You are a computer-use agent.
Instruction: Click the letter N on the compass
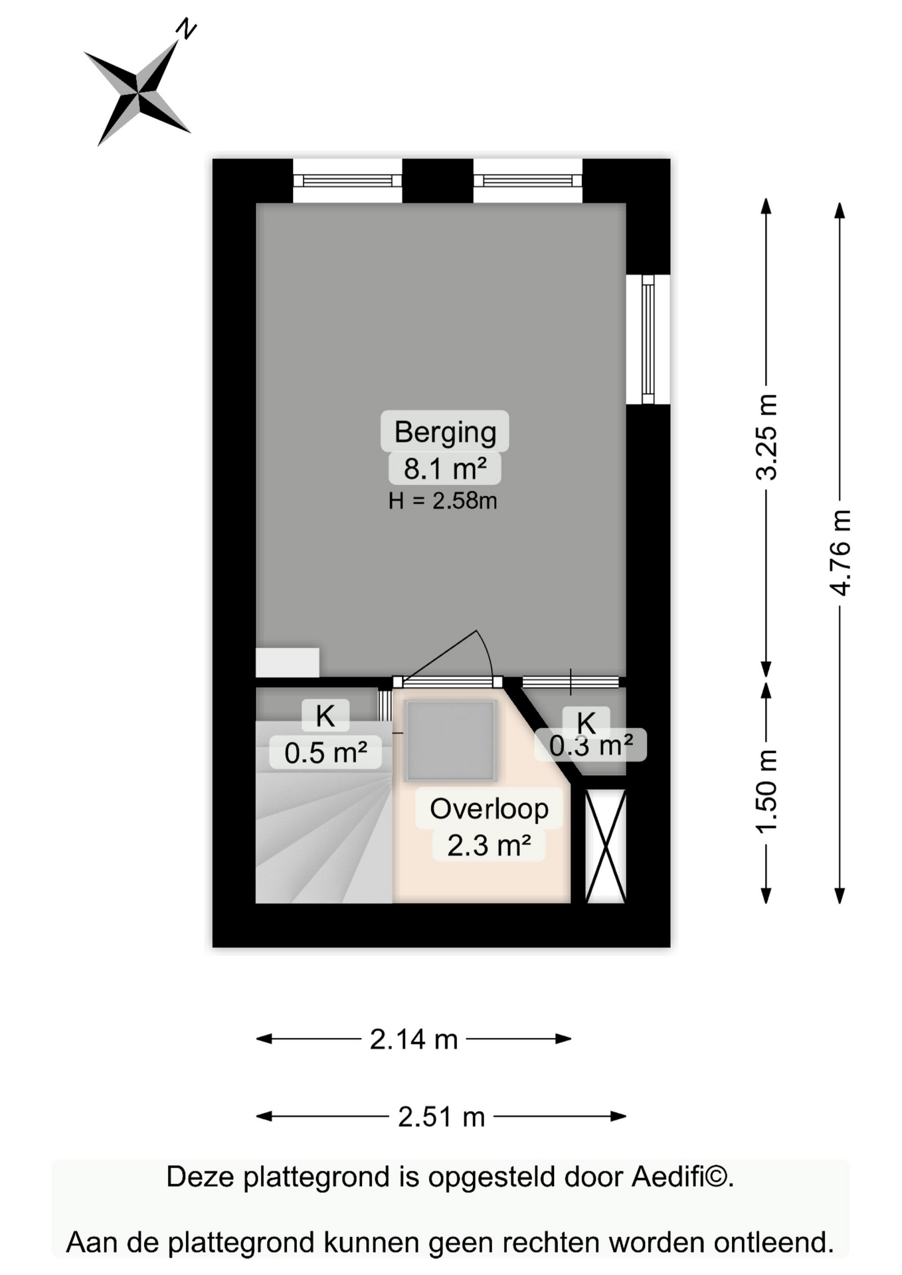[x=187, y=29]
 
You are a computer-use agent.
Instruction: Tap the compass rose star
[x=138, y=93]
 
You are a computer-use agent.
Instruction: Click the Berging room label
[x=445, y=432]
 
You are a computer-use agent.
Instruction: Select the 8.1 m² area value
[x=445, y=469]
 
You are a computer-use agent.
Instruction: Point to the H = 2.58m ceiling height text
[x=443, y=501]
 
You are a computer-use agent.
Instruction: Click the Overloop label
[x=490, y=809]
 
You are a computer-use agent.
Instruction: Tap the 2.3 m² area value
[x=489, y=846]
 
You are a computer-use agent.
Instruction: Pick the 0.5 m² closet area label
[x=325, y=753]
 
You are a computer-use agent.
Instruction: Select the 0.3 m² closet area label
[x=590, y=745]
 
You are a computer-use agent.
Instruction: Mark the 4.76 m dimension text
[x=840, y=552]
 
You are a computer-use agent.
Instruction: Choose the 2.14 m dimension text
[x=414, y=1039]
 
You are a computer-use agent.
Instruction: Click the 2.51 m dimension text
[x=442, y=1117]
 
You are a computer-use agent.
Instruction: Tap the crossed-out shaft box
[x=605, y=846]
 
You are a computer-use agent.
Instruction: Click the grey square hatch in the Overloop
[x=452, y=740]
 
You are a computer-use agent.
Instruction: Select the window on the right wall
[x=648, y=339]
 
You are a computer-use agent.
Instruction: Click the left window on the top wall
[x=347, y=181]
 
